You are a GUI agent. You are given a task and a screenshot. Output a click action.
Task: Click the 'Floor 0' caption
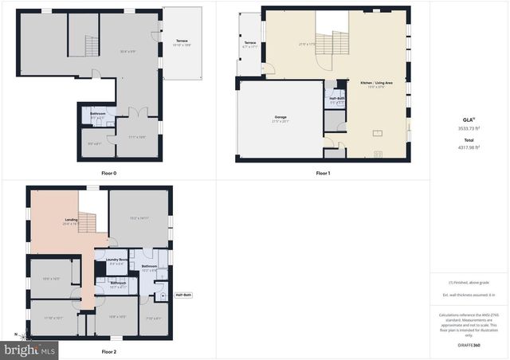pos(109,173)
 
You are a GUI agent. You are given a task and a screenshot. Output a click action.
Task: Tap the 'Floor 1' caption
pos(323,173)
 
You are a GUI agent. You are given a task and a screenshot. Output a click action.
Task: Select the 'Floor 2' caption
pos(109,351)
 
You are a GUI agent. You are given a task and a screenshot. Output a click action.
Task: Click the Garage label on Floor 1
pos(280,117)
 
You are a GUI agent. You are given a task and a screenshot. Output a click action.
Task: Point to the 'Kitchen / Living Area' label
pos(372,83)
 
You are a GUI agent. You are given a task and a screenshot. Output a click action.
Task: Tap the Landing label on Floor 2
pos(70,222)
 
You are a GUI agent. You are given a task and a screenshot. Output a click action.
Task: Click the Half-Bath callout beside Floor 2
pos(183,295)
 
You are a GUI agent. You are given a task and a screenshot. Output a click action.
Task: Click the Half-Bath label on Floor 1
pos(336,99)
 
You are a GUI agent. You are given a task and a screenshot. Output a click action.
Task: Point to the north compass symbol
pos(15,335)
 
